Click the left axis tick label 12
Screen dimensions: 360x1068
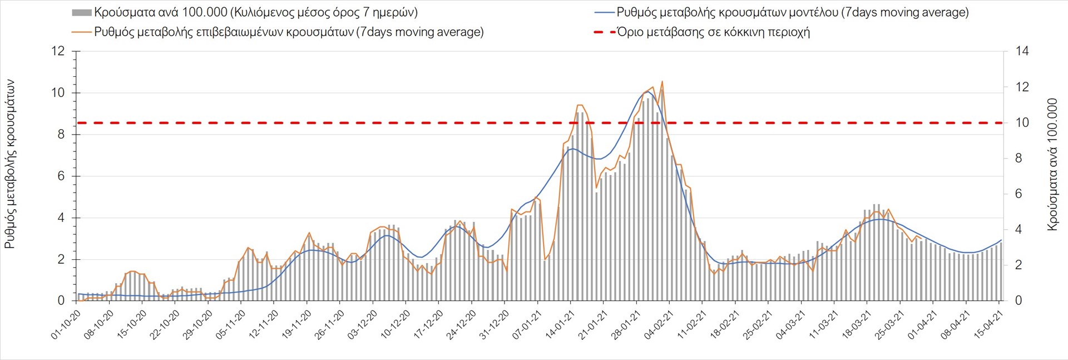(58, 51)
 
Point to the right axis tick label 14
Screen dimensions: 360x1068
(1022, 51)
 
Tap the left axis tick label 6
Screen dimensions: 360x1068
(61, 176)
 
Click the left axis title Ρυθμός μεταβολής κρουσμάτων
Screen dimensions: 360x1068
(9, 164)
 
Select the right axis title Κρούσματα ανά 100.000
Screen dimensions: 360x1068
(1052, 165)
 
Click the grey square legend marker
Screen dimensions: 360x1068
(81, 13)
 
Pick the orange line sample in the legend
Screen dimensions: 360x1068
(81, 32)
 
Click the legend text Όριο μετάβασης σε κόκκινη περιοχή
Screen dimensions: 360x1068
(713, 32)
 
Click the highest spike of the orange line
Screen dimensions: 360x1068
(662, 82)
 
